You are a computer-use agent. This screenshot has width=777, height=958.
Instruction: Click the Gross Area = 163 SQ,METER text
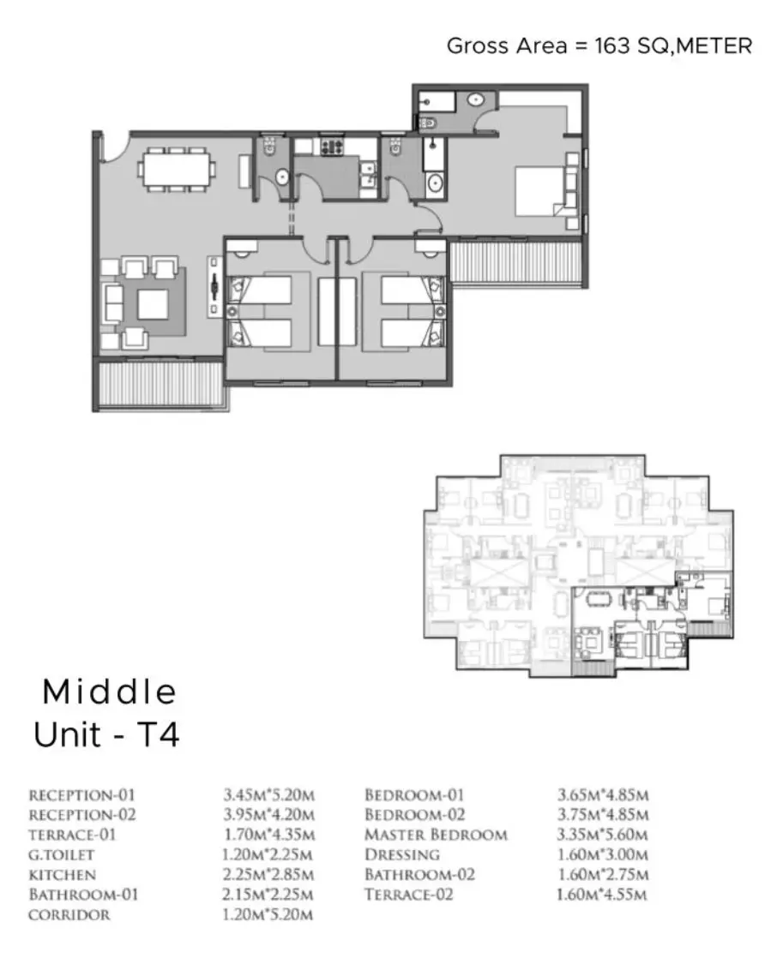point(599,45)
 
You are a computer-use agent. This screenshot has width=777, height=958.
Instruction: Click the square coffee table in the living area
point(152,305)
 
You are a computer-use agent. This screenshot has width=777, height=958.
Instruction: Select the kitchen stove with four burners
point(332,147)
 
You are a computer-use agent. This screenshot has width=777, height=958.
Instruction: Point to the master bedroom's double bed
point(540,190)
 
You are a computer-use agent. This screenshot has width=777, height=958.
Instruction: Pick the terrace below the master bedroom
point(515,262)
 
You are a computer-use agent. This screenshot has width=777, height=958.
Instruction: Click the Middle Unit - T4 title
point(107,713)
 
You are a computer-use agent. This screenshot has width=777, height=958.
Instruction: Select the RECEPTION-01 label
point(82,795)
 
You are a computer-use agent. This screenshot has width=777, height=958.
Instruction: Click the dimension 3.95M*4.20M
point(269,815)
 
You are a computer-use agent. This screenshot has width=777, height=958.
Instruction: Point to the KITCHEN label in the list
point(63,875)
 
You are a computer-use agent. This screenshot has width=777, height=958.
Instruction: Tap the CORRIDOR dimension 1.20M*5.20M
point(268,914)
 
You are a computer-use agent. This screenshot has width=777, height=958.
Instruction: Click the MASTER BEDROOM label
point(436,835)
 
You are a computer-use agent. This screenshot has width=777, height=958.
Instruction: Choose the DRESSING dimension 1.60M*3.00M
point(603,855)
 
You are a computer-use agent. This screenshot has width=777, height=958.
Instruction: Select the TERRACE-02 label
point(409,895)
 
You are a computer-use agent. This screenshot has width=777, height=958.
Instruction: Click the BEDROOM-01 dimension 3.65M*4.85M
point(603,795)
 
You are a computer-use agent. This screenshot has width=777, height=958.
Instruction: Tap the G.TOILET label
point(61,855)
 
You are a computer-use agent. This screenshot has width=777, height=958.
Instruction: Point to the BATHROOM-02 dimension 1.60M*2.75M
point(603,875)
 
